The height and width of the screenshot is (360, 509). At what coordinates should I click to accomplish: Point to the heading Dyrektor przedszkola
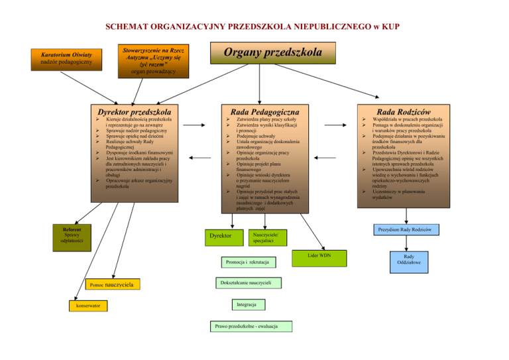(x=134, y=112)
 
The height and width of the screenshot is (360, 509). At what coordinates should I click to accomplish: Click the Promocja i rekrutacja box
(x=240, y=265)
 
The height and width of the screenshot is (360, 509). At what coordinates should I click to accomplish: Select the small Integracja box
(x=246, y=305)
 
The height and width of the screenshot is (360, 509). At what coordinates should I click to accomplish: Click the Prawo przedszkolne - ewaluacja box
(x=251, y=326)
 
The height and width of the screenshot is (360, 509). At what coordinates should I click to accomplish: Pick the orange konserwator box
(x=83, y=306)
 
